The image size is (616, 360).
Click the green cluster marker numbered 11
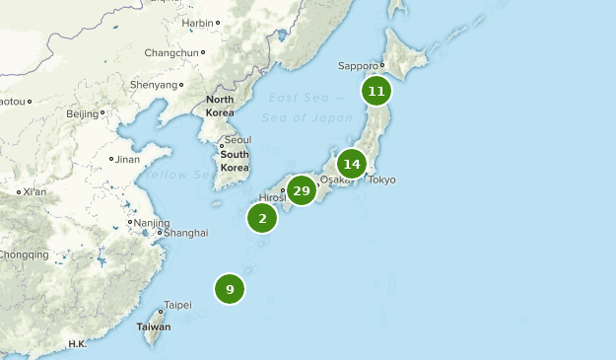(x=376, y=92)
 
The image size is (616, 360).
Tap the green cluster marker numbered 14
(x=352, y=164)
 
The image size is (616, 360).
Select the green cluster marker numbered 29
(x=302, y=190)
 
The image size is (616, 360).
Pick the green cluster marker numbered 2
(x=262, y=218)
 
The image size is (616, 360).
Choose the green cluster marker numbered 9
(x=230, y=289)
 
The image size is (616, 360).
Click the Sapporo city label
(x=358, y=66)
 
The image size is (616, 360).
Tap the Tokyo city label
(x=381, y=180)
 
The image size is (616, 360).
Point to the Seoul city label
(x=237, y=140)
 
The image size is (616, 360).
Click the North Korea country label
(x=221, y=107)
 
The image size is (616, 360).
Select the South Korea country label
(x=235, y=161)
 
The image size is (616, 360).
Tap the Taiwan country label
(x=153, y=326)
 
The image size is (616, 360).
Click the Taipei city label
(x=177, y=305)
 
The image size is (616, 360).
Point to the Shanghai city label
(x=186, y=233)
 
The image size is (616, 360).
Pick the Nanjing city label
(x=151, y=223)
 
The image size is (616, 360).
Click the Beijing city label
(x=82, y=113)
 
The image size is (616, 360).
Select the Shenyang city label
(x=154, y=85)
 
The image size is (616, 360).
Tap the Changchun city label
(x=171, y=52)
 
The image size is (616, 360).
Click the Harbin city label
(x=197, y=22)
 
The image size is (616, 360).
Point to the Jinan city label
(x=128, y=159)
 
